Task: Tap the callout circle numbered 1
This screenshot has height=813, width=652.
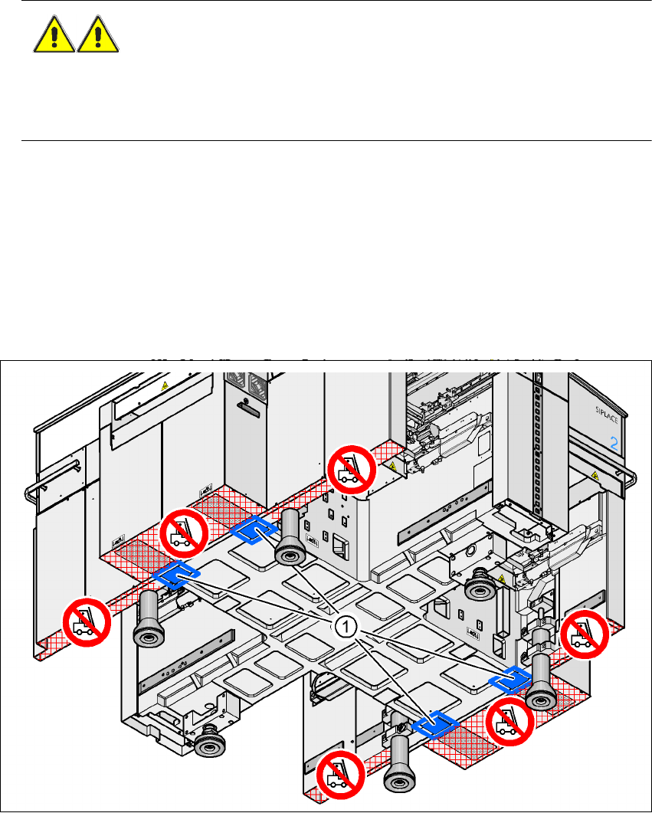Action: point(346,626)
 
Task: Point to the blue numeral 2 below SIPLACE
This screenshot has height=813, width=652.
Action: point(613,442)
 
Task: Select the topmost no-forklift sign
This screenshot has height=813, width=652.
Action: point(353,470)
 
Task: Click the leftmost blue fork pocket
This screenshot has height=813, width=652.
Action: point(177,575)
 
